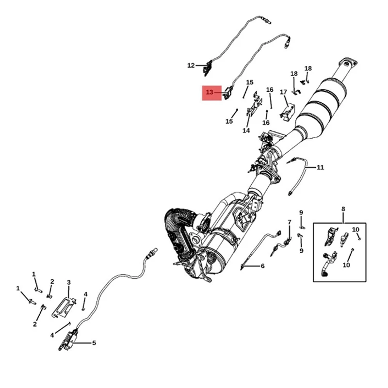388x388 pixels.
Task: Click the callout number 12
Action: tap(191, 65)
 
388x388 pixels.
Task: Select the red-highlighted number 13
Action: tap(210, 92)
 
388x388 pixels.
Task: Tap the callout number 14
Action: tap(246, 130)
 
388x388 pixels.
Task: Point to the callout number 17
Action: tap(283, 92)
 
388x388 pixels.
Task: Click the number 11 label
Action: tap(320, 168)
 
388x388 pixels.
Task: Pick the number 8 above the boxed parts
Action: tap(343, 210)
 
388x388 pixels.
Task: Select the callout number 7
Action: tap(290, 222)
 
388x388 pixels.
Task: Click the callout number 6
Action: tap(262, 266)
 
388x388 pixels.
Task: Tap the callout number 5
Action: tap(94, 343)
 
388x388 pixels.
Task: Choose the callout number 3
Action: tap(68, 282)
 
